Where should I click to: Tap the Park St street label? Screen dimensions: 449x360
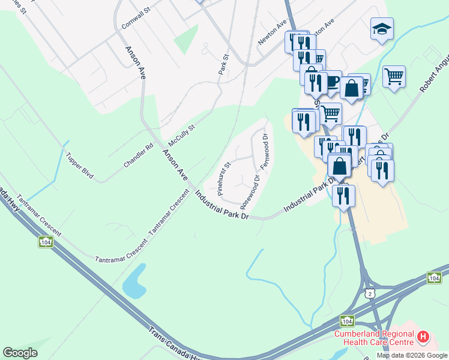tap(224, 65)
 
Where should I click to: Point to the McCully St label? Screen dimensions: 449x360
tap(182, 136)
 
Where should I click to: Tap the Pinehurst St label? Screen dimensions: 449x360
tap(224, 179)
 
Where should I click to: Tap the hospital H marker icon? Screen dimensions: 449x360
tap(423, 337)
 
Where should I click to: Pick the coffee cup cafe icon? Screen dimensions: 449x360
tap(332, 82)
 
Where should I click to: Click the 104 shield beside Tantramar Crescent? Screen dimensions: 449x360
tap(46, 241)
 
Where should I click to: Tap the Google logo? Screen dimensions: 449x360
tap(20, 353)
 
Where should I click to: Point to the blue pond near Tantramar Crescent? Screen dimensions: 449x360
tap(134, 282)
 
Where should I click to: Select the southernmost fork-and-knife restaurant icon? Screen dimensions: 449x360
tap(343, 195)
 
